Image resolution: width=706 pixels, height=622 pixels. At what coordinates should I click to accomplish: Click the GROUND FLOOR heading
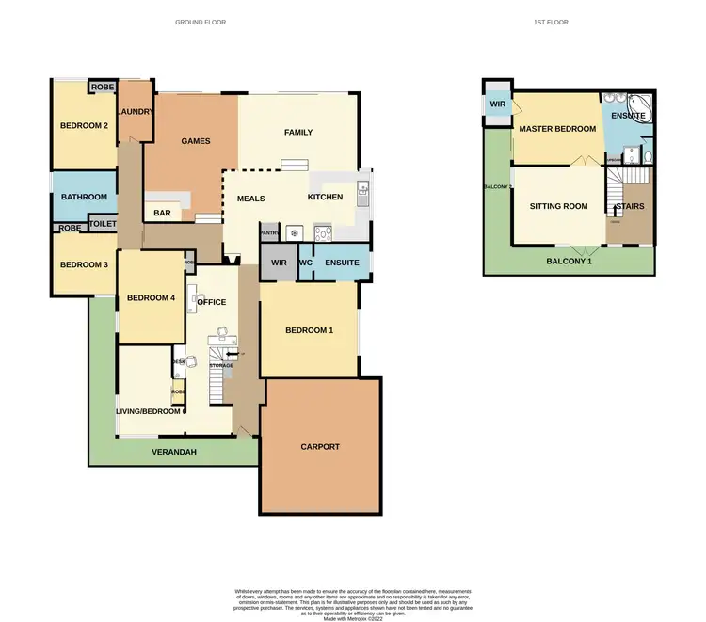pos(201,22)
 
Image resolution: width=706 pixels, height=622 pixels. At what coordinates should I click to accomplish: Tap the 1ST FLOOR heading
pos(552,22)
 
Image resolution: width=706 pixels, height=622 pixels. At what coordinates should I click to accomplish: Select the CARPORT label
pos(320,446)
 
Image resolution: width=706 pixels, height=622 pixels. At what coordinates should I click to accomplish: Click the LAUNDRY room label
pos(136,112)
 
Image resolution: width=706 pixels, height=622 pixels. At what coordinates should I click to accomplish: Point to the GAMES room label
pos(196,141)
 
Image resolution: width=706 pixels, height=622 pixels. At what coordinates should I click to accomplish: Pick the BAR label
pos(162,214)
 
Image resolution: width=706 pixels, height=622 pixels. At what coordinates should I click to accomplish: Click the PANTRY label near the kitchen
pos(269,232)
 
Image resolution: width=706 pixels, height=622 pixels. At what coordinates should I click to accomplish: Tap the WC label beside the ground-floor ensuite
pos(305,263)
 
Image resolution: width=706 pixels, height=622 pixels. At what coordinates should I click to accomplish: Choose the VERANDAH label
pos(175,451)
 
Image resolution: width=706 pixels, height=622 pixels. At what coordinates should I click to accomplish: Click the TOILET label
pos(102,224)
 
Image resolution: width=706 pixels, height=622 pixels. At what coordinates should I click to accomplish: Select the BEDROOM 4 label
pos(152,298)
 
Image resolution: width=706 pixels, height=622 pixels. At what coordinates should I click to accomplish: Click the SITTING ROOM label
pos(558,205)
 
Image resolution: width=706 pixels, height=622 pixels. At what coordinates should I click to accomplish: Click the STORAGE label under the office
pos(221,365)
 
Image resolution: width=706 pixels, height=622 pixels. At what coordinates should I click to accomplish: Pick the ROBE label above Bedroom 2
pos(102,88)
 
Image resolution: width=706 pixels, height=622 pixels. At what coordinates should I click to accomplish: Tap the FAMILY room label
pos(298,133)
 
